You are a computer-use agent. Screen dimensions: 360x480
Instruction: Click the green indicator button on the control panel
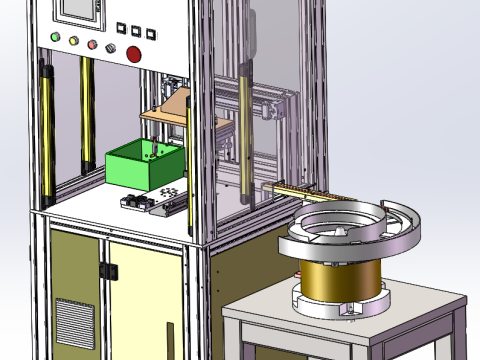point(53,41)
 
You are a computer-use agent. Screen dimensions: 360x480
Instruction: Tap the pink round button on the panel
point(93,45)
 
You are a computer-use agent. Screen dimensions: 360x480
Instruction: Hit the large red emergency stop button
point(134,54)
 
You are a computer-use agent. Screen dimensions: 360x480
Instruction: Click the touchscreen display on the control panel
point(77,9)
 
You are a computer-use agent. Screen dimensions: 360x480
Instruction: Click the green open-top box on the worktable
point(141,164)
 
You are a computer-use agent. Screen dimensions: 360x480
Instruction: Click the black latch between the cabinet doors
point(108,270)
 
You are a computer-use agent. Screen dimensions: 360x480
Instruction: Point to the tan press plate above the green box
point(165,112)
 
